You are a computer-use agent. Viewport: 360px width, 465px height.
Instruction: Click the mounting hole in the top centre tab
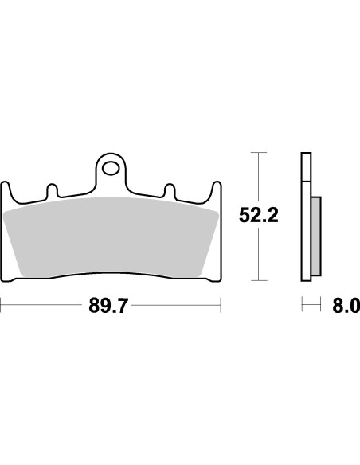coord(112,169)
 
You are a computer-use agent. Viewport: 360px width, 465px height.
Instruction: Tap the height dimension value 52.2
coord(258,216)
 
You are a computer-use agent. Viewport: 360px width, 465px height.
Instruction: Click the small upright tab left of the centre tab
coord(53,192)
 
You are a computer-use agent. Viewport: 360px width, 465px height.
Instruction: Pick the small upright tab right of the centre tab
coord(170,192)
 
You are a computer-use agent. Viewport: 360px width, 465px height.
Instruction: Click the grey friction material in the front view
coord(112,235)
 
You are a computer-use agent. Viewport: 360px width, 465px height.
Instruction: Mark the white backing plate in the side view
coord(305,216)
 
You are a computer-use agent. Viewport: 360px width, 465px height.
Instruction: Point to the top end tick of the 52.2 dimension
coord(256,151)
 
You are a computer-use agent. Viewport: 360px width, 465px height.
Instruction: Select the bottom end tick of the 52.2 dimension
coord(256,281)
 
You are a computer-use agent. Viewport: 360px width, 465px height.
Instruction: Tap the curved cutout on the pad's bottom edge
coord(112,275)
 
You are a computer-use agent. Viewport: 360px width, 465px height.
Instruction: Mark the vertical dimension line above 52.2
coord(256,175)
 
